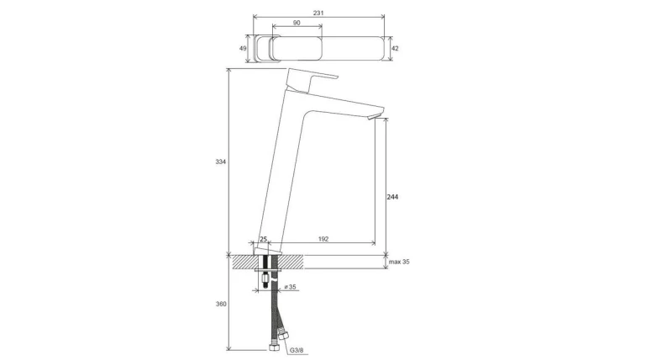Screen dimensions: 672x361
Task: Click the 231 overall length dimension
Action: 318,13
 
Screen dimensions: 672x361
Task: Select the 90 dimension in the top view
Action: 297,23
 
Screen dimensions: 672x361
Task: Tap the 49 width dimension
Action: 243,49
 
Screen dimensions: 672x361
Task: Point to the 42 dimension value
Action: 395,49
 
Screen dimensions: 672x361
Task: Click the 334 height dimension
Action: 220,162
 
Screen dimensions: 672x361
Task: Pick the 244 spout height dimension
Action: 392,197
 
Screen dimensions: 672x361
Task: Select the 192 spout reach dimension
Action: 323,239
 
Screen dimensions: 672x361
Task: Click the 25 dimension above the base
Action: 263,239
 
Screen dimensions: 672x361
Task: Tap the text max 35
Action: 399,262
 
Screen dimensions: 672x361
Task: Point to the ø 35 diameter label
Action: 291,287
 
